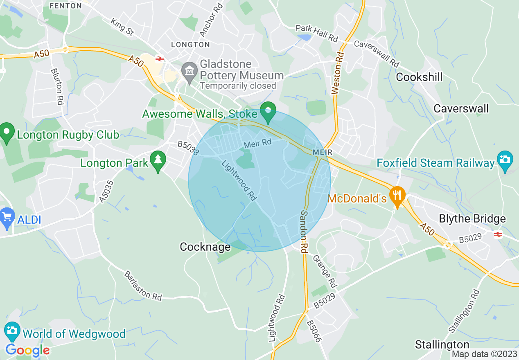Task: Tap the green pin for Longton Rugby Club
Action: (7, 133)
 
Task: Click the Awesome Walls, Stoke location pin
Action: (269, 111)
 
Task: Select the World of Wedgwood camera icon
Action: (12, 330)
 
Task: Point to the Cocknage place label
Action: (205, 247)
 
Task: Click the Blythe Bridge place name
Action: (472, 219)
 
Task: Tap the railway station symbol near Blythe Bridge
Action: (498, 234)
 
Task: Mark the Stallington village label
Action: (442, 344)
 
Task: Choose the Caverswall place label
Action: (461, 108)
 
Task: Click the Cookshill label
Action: (420, 77)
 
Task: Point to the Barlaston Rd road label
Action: (143, 285)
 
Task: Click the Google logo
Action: (27, 350)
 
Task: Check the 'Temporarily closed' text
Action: (238, 86)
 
